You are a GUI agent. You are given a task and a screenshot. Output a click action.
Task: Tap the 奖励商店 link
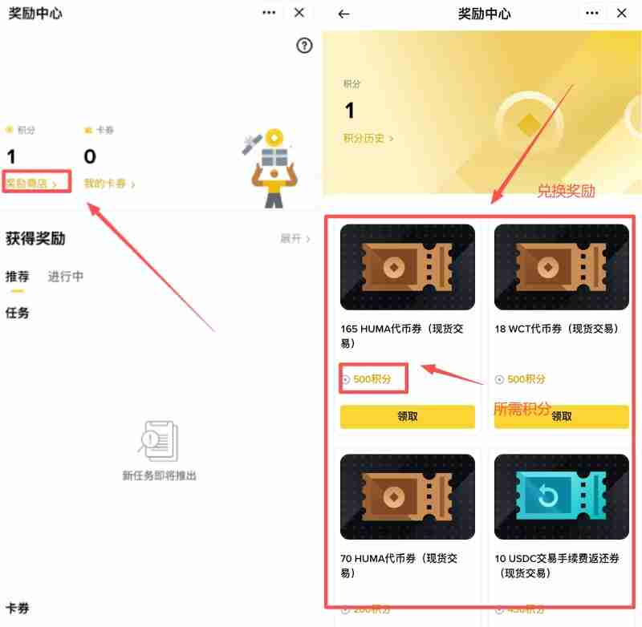point(32,184)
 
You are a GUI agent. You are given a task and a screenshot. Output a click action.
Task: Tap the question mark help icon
point(303,46)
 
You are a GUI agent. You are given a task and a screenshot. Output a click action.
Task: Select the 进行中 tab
point(65,277)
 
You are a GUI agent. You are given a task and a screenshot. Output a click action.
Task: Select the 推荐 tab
point(17,277)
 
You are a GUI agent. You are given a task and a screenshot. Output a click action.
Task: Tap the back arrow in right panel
point(344,14)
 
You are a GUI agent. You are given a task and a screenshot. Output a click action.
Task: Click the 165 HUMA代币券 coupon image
point(407,267)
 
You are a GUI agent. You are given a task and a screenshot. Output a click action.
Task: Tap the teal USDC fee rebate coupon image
point(561,497)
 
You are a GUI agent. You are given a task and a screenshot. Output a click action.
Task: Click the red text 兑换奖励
point(566,191)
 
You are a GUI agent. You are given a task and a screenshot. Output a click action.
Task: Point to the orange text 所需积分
point(522,409)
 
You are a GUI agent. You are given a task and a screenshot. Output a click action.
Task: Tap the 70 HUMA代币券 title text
point(401,565)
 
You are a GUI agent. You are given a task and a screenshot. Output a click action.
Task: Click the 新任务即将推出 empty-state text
point(159,475)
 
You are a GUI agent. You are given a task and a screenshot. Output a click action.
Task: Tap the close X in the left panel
point(299,13)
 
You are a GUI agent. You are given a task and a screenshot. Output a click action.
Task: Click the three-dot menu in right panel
point(592,13)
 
